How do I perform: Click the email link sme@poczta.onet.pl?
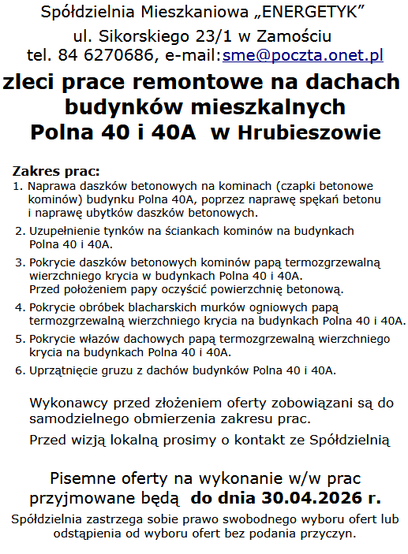[303, 55]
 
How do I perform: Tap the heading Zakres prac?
[57, 171]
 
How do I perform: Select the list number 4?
[19, 307]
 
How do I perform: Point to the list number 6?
[19, 370]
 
